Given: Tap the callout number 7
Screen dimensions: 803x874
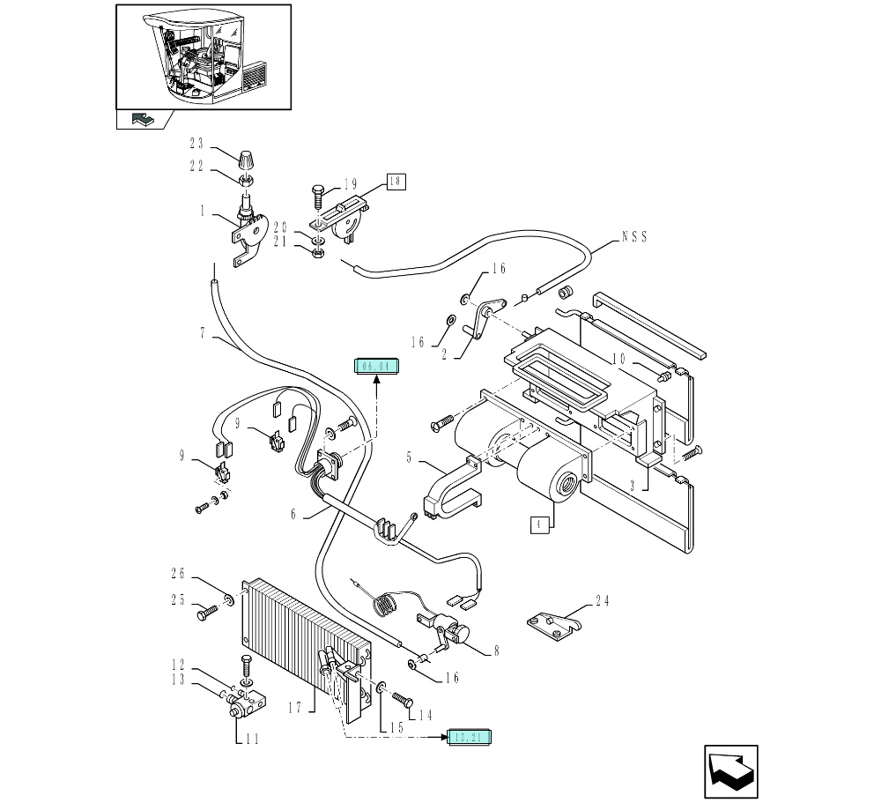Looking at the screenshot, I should pos(203,332).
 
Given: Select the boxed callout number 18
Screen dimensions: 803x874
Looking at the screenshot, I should pos(395,182).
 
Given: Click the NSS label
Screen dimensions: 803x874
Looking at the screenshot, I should pos(634,235).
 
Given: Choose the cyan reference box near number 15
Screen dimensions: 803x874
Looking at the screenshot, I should pos(470,737).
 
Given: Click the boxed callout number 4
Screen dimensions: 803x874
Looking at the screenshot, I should pos(539,525).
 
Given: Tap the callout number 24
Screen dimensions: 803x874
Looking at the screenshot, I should pos(603,602).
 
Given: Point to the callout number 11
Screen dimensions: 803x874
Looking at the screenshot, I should pos(252,740).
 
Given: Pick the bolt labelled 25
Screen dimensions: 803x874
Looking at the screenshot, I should pos(206,609).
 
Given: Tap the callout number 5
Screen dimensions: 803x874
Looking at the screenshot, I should pos(409,457).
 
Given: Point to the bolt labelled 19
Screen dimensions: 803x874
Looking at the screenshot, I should pos(319,194).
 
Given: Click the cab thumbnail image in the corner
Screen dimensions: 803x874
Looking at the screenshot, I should pos(204,56).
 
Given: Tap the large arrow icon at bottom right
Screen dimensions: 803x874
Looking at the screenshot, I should pos(730,772).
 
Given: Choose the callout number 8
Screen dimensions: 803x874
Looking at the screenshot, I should pos(496,651).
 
